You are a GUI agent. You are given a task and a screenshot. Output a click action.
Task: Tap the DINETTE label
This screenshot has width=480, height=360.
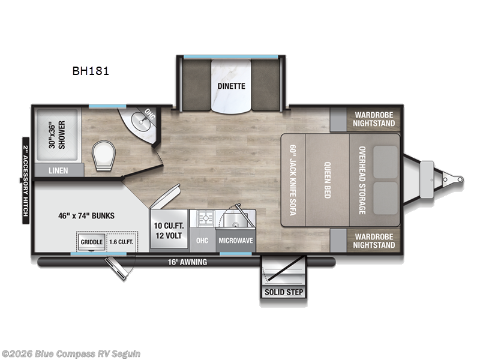click(231, 85)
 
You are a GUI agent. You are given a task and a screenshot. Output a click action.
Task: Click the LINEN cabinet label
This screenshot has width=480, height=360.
click(58, 170)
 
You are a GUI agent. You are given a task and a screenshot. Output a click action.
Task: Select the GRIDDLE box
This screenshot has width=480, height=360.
click(91, 242)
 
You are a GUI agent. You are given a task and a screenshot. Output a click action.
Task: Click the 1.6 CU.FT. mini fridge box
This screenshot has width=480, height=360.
click(121, 242)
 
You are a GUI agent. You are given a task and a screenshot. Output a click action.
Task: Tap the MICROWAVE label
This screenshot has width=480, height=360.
click(235, 241)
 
